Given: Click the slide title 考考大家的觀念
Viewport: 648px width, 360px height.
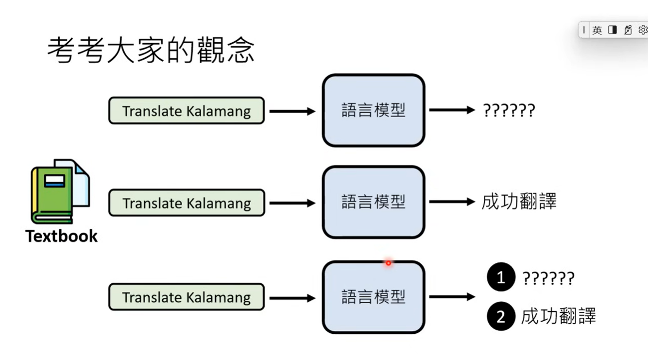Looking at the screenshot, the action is [151, 50].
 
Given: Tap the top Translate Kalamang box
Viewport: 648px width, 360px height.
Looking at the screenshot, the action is [187, 111].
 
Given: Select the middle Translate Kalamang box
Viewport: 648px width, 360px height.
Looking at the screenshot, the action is [187, 203].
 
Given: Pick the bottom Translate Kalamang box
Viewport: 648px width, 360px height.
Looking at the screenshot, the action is [187, 297].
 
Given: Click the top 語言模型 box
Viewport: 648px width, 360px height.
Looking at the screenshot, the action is [374, 110].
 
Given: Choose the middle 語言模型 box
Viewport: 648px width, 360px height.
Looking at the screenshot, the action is [374, 202].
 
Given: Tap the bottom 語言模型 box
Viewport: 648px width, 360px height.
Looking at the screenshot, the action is [374, 297].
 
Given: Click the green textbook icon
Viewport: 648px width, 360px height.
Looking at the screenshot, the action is [60, 191].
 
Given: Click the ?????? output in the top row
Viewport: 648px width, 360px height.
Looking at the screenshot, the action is [509, 110].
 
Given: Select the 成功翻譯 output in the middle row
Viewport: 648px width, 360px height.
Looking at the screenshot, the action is [519, 201].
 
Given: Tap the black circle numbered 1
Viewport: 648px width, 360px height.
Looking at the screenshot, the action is [501, 277].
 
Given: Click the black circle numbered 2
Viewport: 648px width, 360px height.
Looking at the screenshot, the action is [501, 316].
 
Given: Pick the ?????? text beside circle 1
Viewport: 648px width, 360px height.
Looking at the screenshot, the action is [548, 278].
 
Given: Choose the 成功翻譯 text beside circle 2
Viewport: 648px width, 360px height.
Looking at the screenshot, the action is [559, 316].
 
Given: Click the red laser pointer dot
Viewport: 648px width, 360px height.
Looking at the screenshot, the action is [388, 263].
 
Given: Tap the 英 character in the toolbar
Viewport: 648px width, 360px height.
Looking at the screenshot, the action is [597, 30].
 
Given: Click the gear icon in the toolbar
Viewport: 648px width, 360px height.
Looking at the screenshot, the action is [643, 30].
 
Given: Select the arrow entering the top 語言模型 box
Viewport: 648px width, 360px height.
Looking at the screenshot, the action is [292, 111].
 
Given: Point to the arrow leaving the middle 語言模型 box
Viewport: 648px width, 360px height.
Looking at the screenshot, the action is [452, 202].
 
